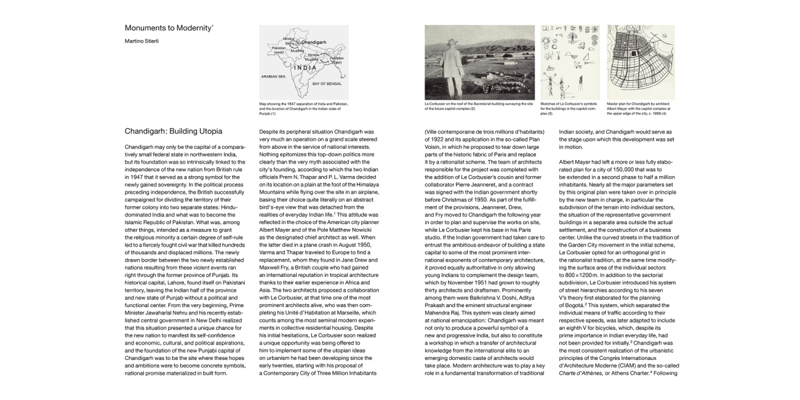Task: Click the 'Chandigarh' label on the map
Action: [x=313, y=42]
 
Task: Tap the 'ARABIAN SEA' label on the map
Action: [x=274, y=77]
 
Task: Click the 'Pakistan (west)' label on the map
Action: [x=279, y=50]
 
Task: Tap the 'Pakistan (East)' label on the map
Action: [x=336, y=60]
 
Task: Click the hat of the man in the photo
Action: [x=453, y=42]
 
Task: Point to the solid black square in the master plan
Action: [x=633, y=53]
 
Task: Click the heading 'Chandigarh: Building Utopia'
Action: [x=173, y=131]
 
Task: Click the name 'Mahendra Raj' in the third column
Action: [x=443, y=312]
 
